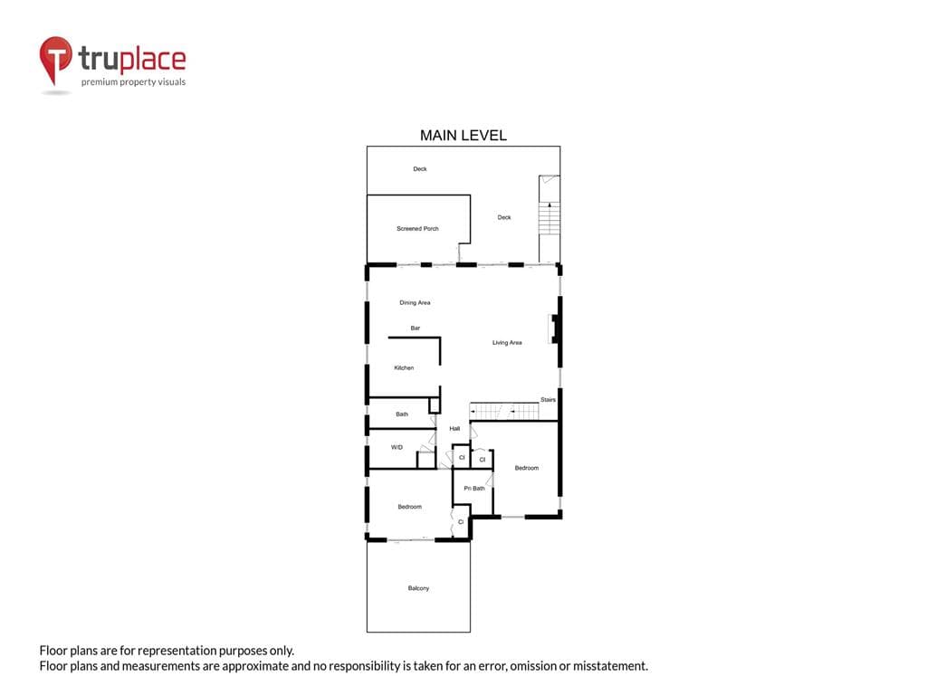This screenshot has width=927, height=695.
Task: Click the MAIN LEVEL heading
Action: (463, 136)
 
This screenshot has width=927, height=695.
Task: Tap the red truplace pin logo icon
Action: (55, 60)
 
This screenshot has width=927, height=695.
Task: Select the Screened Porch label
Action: (417, 229)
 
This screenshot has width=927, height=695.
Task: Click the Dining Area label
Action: (415, 302)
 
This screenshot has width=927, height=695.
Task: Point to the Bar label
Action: (415, 328)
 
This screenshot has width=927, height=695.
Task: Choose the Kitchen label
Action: (404, 367)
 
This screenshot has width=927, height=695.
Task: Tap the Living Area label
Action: (507, 343)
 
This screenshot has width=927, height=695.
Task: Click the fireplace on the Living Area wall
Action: (554, 328)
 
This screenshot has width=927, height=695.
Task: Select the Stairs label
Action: (548, 399)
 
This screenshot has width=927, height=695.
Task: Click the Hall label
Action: (454, 428)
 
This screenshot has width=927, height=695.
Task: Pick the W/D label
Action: (397, 447)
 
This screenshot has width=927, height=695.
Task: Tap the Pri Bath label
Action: (474, 488)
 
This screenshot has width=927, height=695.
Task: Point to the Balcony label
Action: (418, 588)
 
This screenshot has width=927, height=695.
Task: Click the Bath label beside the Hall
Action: (401, 414)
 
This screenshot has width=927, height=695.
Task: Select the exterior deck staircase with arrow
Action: (550, 219)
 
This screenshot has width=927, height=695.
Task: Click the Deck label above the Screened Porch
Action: (420, 169)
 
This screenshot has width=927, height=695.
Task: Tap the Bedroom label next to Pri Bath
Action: (526, 468)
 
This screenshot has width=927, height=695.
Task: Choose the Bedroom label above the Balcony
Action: (409, 507)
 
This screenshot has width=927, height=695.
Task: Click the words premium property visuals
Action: (134, 82)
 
